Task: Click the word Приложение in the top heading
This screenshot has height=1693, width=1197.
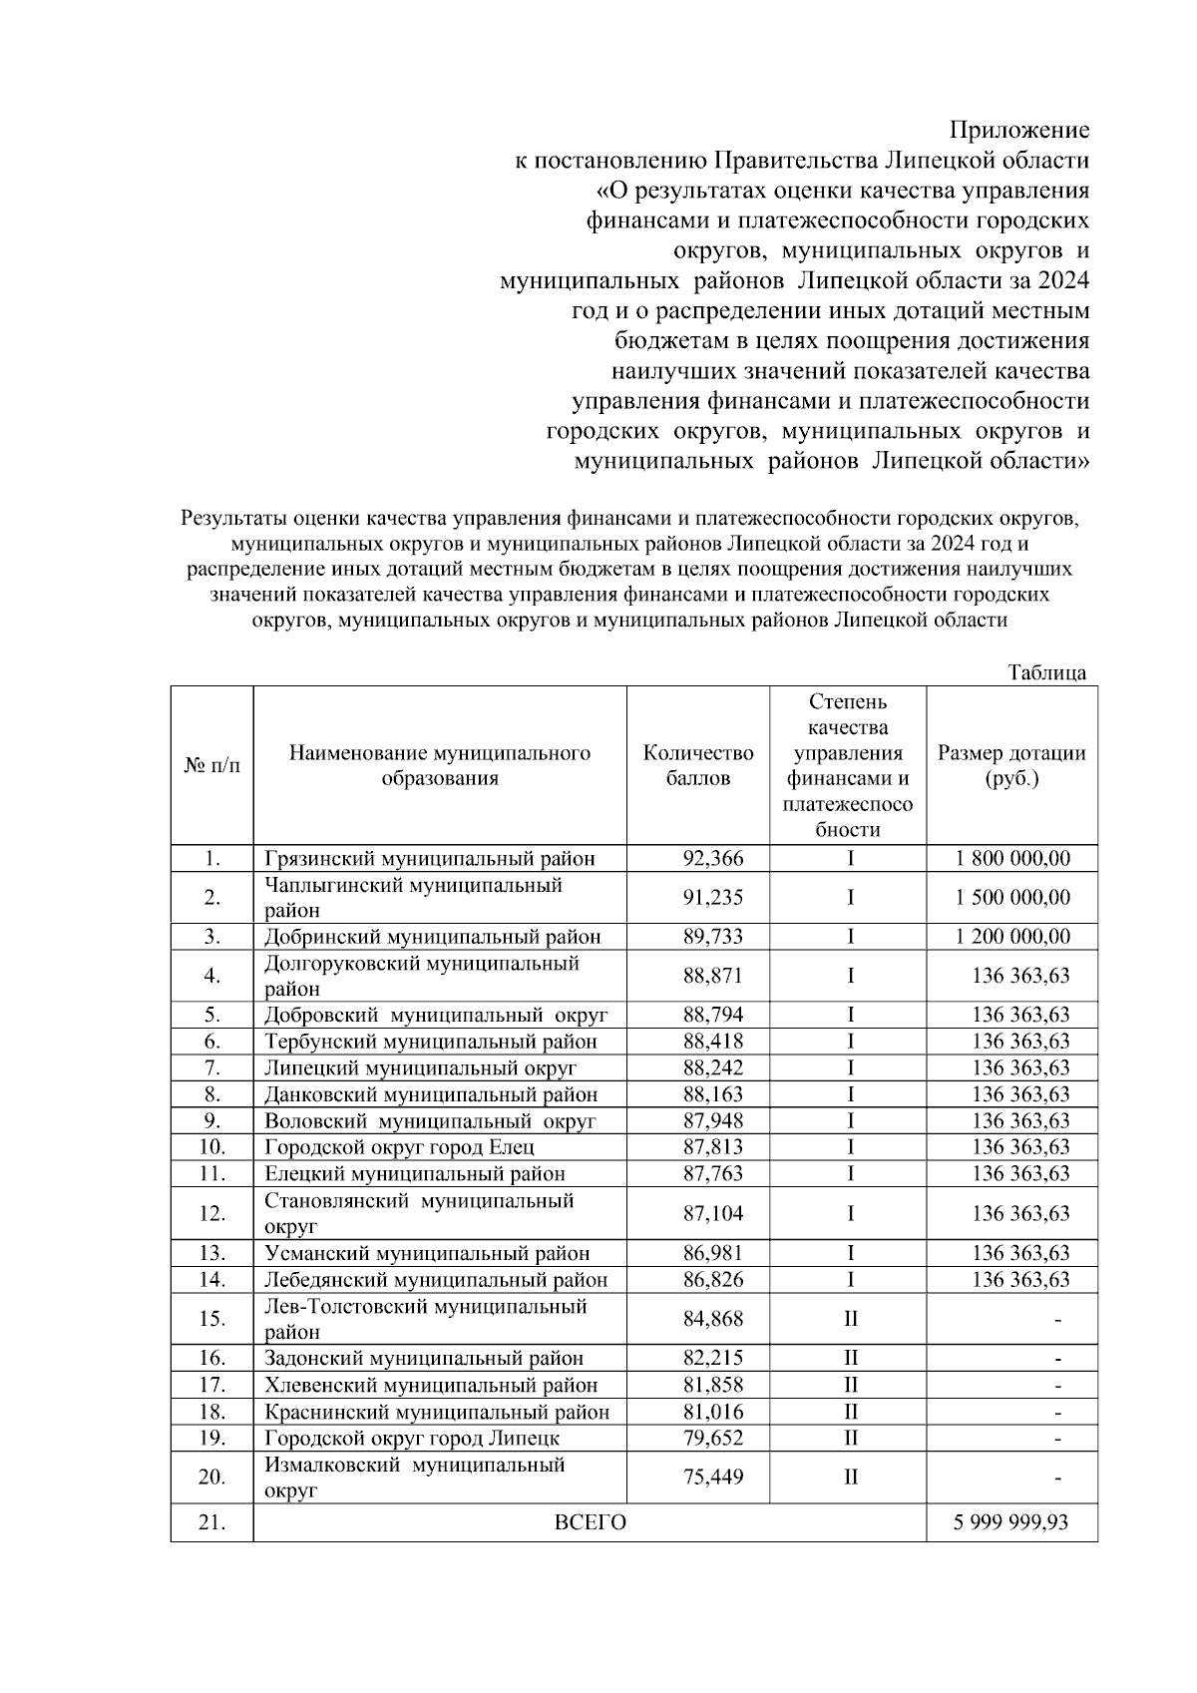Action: coord(1018,130)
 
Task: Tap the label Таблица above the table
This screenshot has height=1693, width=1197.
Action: coord(1046,672)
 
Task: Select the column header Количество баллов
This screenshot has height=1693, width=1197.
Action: coord(697,765)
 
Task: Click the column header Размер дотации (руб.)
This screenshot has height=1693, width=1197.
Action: coord(1011,765)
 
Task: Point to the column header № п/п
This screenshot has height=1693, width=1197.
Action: coord(211,765)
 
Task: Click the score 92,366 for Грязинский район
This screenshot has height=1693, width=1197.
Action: coord(712,858)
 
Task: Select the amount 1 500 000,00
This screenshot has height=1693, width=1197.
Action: coord(1011,897)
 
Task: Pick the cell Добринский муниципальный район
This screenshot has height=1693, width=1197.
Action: coord(432,936)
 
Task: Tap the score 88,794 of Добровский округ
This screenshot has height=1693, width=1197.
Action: coord(712,1015)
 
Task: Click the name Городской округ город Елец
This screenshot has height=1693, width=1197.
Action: coord(399,1147)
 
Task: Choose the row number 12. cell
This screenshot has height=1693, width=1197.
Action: coord(211,1213)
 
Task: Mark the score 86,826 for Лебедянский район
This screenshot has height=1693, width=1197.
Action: coord(712,1279)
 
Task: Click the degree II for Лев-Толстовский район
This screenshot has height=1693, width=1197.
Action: coord(850,1319)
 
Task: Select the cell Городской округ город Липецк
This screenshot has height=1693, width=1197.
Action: coord(411,1438)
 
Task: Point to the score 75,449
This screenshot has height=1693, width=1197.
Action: coord(712,1477)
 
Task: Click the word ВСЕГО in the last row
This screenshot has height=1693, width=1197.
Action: coord(590,1522)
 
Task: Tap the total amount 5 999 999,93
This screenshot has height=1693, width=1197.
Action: coord(1011,1522)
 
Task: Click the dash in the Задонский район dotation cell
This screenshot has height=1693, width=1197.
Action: coord(1057,1359)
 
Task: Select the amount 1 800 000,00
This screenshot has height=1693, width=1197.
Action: coord(1011,858)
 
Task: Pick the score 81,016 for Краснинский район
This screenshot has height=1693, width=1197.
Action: coord(712,1412)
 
